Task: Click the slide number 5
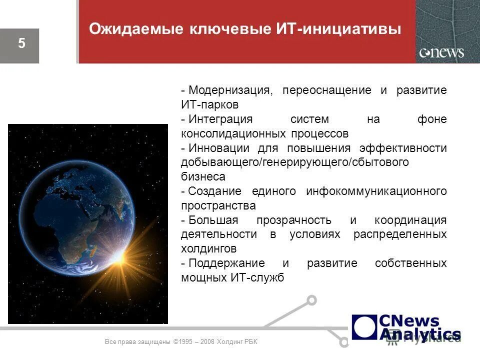coord(21,43)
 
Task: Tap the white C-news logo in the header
coord(441,52)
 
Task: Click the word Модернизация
coord(231,91)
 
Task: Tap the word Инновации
coord(219,148)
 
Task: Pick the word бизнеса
coord(203,177)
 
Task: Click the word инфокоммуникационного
coord(376,191)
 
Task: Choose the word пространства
coord(218,206)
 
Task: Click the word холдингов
coord(208,249)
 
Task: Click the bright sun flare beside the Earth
coord(120,256)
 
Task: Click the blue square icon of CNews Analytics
coord(364,327)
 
